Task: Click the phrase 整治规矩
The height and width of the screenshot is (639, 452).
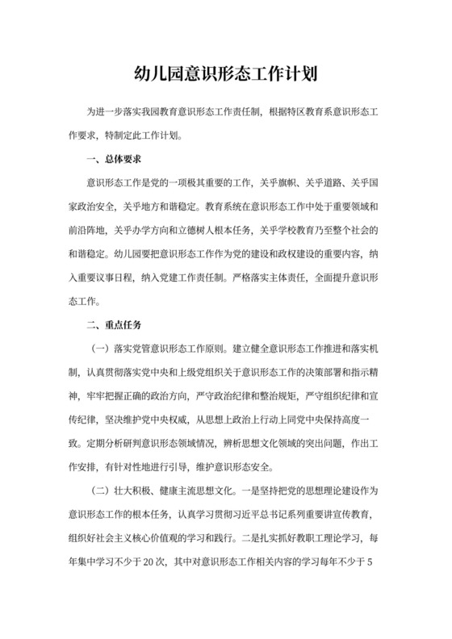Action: click(x=274, y=396)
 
